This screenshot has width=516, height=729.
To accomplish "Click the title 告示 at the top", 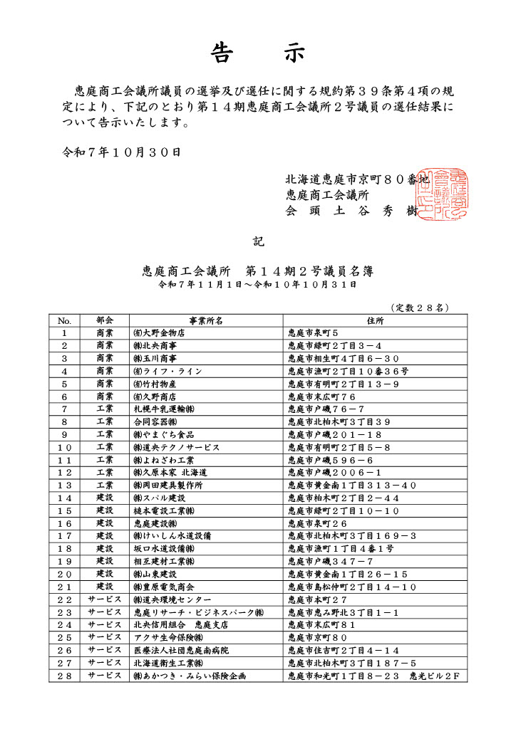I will pos(258,53).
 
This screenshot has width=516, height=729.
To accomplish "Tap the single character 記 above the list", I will pos(258,241).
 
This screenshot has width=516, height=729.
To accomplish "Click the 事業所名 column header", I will pos(207,320).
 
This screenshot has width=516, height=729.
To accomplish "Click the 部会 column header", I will pos(105,320).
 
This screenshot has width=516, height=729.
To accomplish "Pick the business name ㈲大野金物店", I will pos(159,332).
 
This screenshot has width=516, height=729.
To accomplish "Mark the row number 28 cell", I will pos(65,676).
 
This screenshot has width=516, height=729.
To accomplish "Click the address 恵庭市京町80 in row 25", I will pos(317,637).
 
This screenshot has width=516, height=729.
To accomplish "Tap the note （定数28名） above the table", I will pos(419,308).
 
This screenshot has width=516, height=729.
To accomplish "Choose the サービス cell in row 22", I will pos(105,599).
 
